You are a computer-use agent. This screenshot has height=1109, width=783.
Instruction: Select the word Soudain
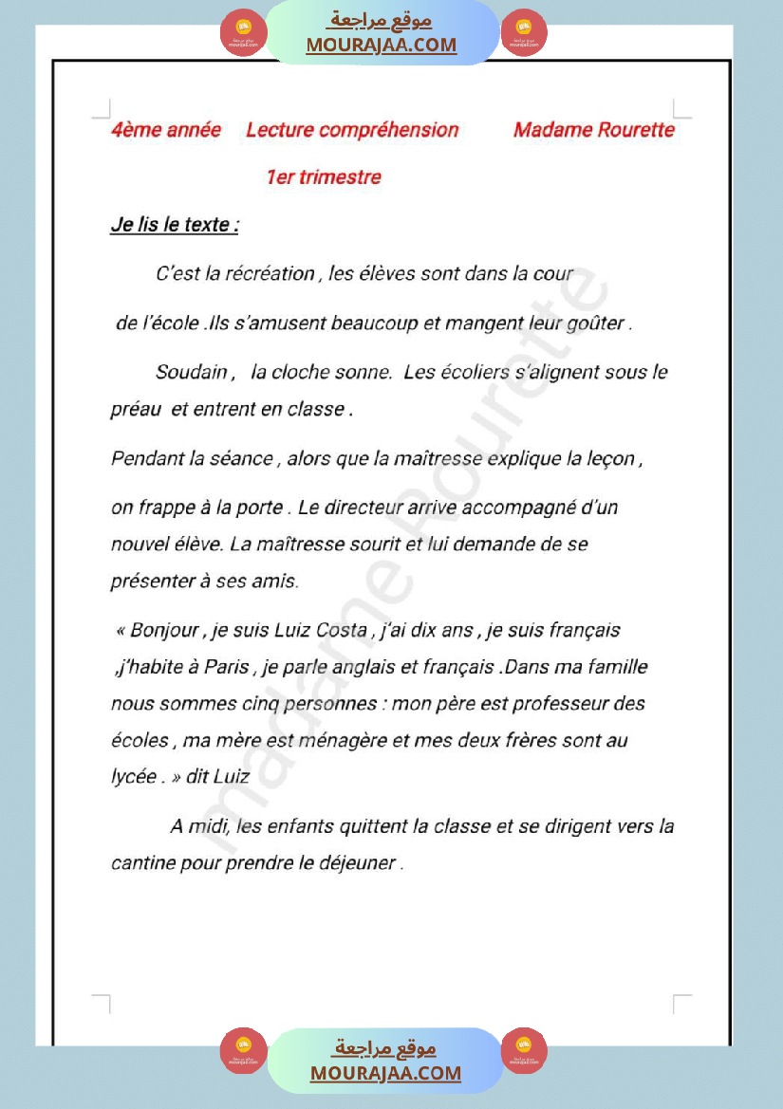pos(192,373)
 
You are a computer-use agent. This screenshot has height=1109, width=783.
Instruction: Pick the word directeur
pos(364,508)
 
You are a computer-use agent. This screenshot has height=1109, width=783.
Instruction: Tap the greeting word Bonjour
pos(164,630)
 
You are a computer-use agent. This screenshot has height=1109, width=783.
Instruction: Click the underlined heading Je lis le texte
pos(175,226)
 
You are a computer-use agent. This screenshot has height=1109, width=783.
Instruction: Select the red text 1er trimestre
pos(324,177)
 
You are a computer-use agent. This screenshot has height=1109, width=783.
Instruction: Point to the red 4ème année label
pos(166,130)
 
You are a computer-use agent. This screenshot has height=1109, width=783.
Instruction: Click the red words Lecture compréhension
pos(352,130)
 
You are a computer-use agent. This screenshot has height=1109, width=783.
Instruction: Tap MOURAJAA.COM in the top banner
pos(381,45)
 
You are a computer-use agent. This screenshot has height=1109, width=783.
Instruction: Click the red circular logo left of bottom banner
pos(243,1051)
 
